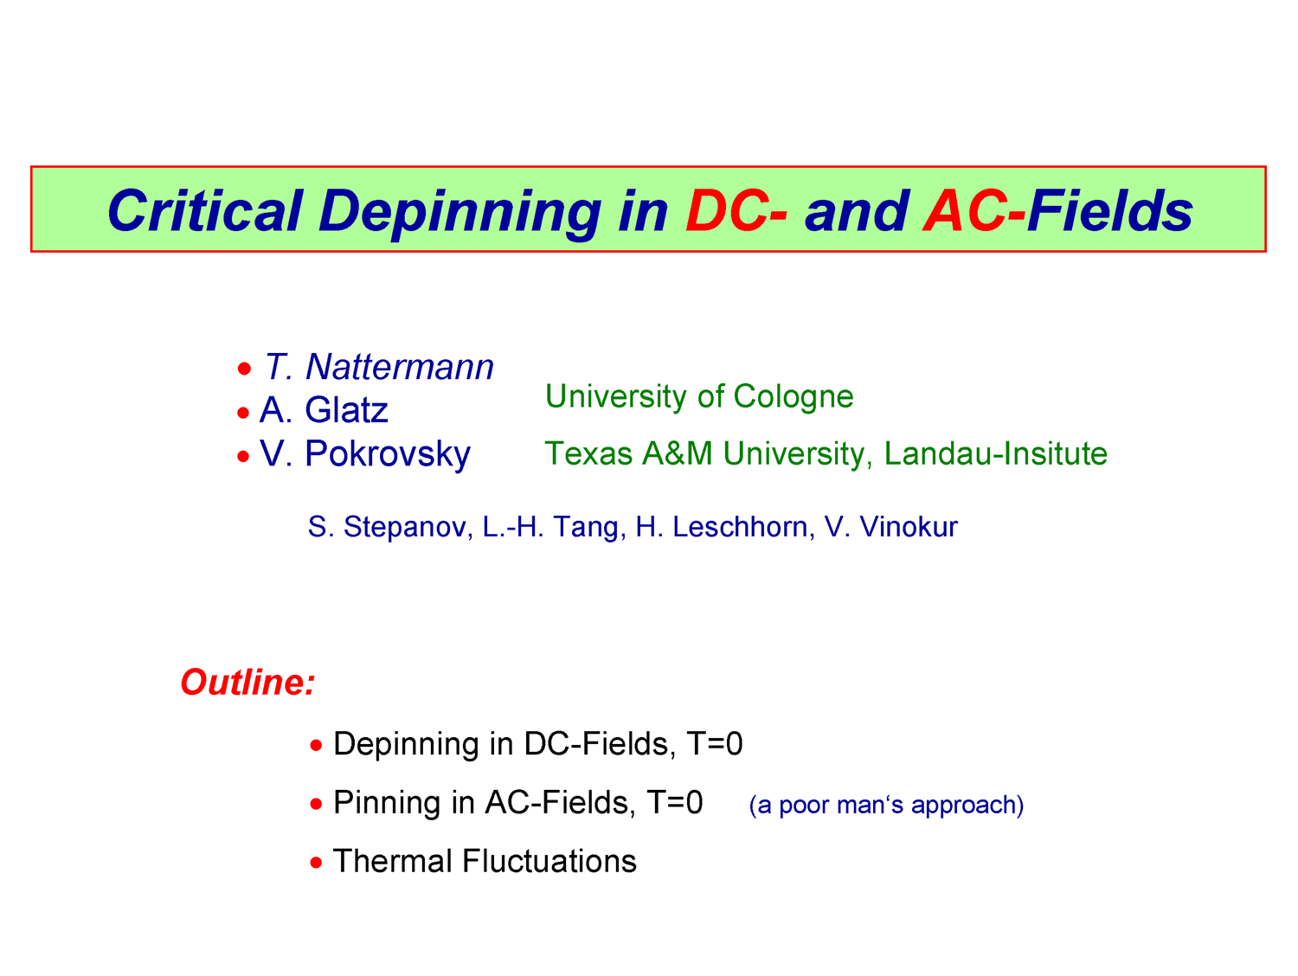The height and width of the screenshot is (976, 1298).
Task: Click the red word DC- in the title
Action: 736,210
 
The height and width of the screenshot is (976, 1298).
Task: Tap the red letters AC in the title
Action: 965,210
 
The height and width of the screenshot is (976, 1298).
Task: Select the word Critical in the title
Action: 205,210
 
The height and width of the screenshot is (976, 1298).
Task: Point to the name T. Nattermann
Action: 378,367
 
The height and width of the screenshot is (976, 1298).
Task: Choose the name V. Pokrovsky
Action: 365,454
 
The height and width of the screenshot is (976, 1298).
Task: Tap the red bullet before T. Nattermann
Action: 244,369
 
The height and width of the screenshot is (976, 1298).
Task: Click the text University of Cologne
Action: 699,396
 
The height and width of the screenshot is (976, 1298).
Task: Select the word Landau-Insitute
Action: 995,453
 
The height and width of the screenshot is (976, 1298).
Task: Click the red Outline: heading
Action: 247,683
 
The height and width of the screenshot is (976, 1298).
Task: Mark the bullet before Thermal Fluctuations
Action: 317,863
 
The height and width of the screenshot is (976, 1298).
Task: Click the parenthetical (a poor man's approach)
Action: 886,806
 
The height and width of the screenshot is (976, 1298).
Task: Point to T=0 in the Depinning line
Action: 715,743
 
